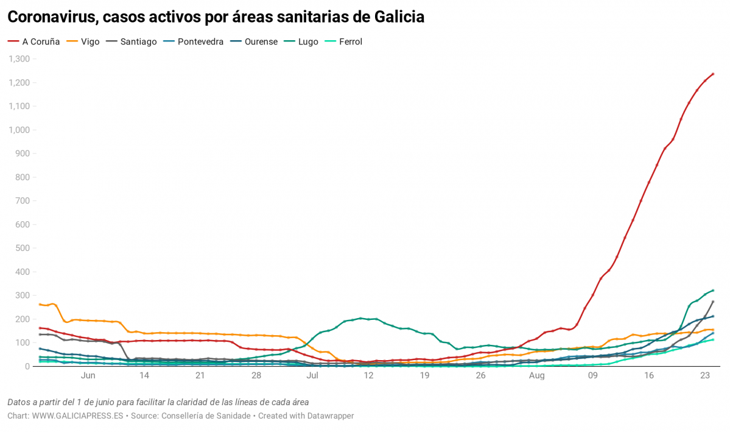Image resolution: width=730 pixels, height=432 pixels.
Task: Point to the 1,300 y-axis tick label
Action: (19, 59)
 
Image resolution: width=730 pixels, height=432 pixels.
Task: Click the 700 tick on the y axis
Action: (23, 201)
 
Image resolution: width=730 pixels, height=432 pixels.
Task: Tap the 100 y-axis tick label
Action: (23, 343)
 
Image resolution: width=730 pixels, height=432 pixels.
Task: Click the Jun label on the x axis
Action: (88, 376)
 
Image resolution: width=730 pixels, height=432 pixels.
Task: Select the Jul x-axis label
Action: (312, 376)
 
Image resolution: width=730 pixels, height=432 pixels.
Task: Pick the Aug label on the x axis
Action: (536, 376)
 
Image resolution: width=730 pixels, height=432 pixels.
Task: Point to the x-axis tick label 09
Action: (592, 376)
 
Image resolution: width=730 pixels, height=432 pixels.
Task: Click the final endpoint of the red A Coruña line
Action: (713, 74)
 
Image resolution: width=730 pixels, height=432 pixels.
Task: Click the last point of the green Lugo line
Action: (713, 291)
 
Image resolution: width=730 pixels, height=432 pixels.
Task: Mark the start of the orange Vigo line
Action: (40, 304)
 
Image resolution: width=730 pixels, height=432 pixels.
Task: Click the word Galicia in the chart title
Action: (398, 17)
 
